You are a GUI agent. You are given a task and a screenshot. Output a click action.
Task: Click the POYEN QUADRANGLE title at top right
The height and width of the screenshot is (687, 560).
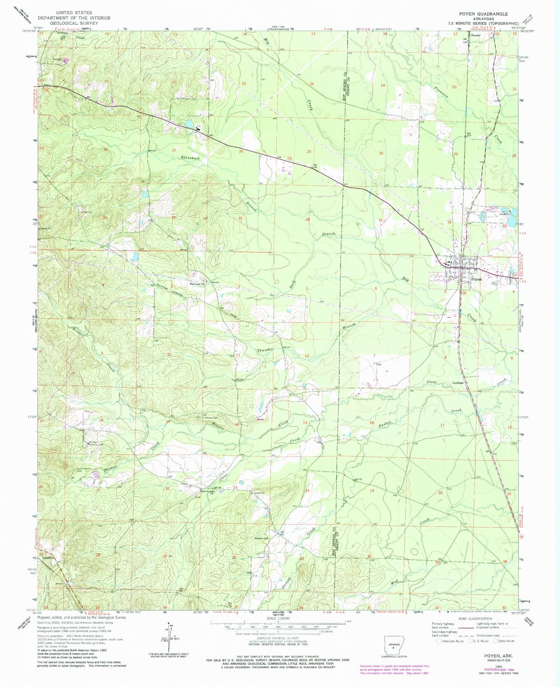pyautogui.click(x=483, y=14)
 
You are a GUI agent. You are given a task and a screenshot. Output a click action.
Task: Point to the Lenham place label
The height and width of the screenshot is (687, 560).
pyautogui.click(x=458, y=382)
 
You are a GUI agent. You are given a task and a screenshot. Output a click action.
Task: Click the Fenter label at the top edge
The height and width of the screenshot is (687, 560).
pyautogui.click(x=476, y=35)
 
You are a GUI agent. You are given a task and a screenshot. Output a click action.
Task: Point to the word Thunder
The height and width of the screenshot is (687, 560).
pyautogui.click(x=265, y=350)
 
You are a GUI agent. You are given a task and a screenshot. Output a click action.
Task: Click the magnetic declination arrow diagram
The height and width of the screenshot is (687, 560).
pyautogui.click(x=169, y=637)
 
